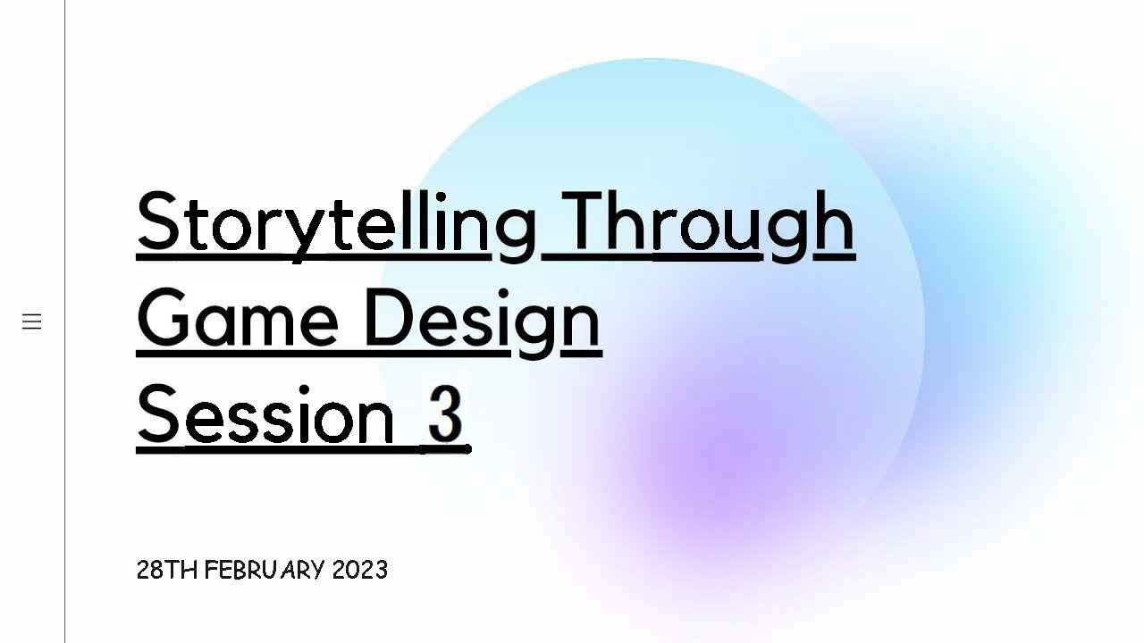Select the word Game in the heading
[x=238, y=319]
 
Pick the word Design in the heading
[x=483, y=319]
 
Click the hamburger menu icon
[x=32, y=321]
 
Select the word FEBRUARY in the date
[x=265, y=570]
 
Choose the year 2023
[x=359, y=570]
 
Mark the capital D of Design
[x=386, y=319]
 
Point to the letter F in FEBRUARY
[x=211, y=570]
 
